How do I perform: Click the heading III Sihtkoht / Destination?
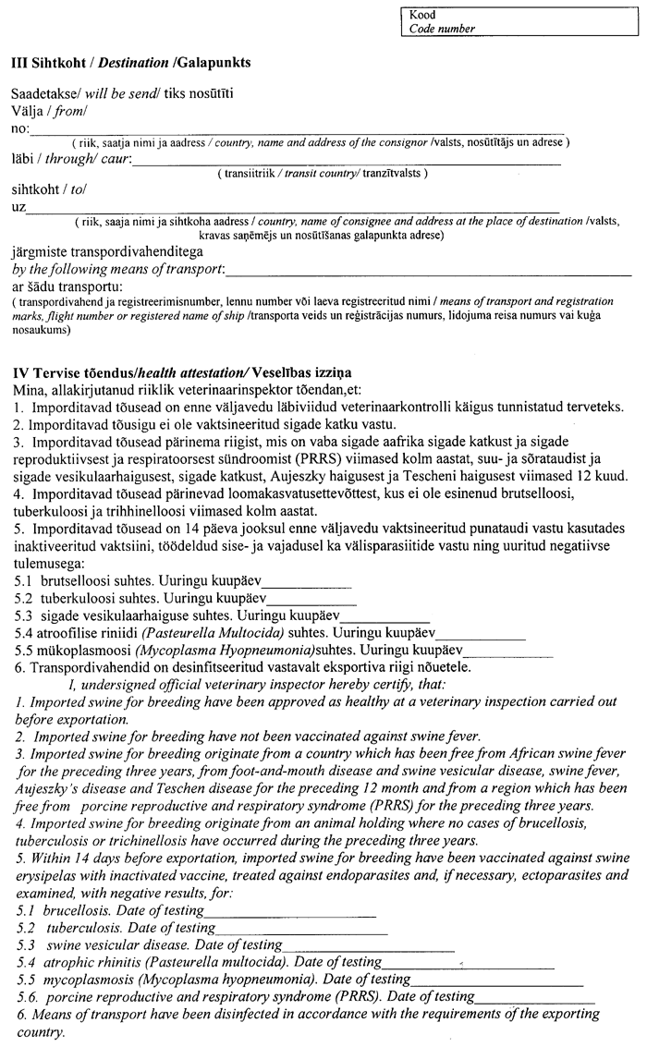pyautogui.click(x=130, y=63)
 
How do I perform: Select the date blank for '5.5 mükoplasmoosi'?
pyautogui.click(x=508, y=653)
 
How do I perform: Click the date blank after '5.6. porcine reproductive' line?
pyautogui.click(x=536, y=998)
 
